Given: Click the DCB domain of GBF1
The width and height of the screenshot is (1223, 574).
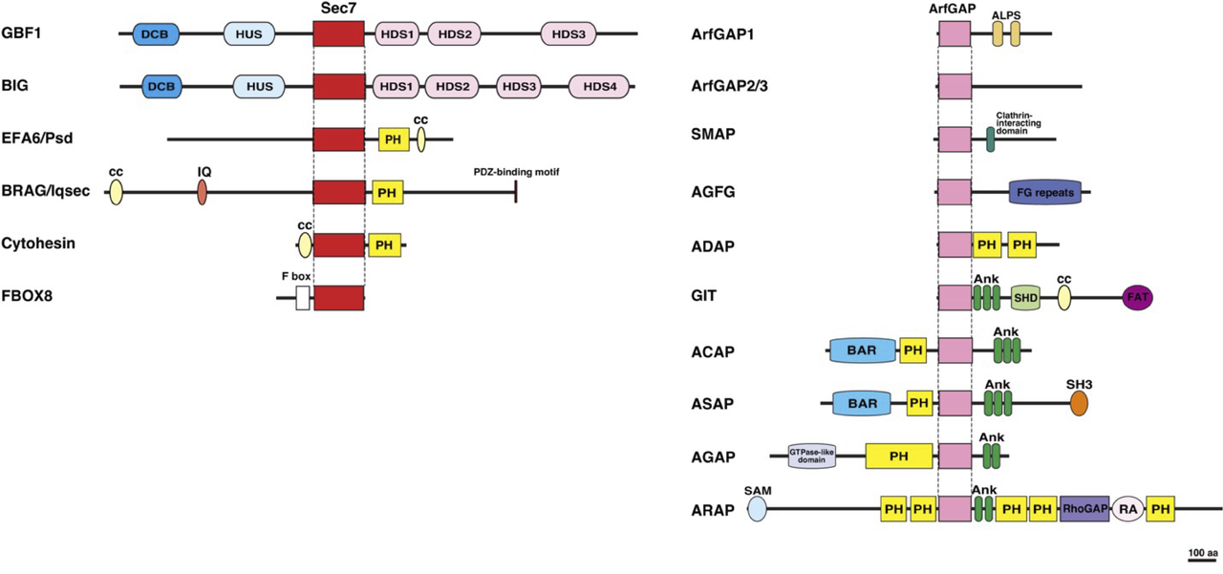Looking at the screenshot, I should pyautogui.click(x=154, y=34).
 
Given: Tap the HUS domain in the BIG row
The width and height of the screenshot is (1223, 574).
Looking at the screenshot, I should pyautogui.click(x=260, y=87).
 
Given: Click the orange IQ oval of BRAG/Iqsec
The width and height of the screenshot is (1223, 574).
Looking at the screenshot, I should pyautogui.click(x=203, y=192).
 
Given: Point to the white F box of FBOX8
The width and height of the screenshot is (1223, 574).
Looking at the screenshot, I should pyautogui.click(x=303, y=298).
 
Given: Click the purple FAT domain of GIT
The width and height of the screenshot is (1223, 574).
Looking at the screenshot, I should pyautogui.click(x=1138, y=298).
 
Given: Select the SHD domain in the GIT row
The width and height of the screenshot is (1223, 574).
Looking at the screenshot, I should pyautogui.click(x=1025, y=298).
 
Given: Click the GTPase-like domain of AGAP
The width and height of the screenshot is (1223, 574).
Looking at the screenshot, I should pyautogui.click(x=812, y=457).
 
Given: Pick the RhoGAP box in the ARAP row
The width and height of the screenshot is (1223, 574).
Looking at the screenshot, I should pyautogui.click(x=1084, y=509).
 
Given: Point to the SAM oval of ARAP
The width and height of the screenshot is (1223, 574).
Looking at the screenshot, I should pyautogui.click(x=757, y=508).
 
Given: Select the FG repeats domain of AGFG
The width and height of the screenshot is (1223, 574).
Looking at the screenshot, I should pyautogui.click(x=1044, y=192).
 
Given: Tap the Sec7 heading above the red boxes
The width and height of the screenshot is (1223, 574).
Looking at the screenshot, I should pyautogui.click(x=338, y=8).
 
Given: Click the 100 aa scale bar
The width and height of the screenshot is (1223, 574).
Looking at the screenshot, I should pyautogui.click(x=1202, y=560).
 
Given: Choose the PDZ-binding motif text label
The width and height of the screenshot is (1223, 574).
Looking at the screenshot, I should pyautogui.click(x=516, y=172).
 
